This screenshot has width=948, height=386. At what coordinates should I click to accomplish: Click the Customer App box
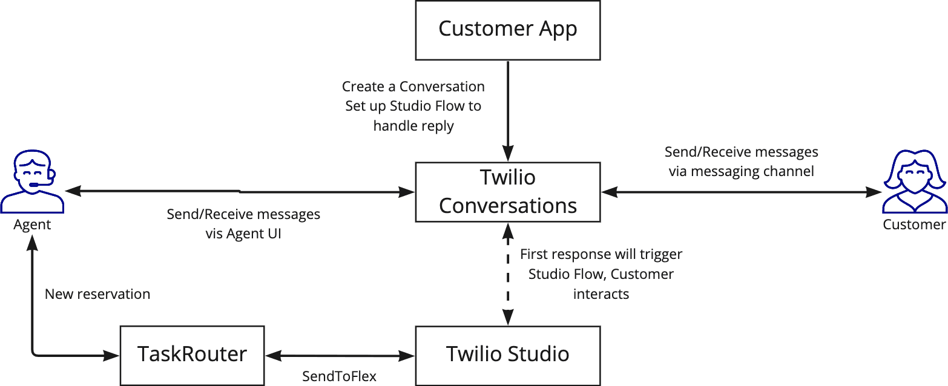click(x=507, y=30)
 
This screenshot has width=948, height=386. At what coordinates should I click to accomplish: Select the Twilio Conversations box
click(x=507, y=192)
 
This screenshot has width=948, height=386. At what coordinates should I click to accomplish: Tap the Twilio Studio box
click(x=507, y=355)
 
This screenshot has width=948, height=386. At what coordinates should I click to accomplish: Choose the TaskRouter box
click(x=192, y=355)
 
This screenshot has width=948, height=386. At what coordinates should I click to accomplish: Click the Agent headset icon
click(x=32, y=182)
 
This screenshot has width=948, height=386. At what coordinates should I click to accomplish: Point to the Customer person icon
click(x=913, y=182)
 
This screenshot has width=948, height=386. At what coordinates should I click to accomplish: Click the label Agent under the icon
click(x=32, y=224)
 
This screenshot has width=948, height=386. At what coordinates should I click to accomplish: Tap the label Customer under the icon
click(x=913, y=224)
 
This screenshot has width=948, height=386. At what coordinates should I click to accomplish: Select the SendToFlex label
click(x=339, y=376)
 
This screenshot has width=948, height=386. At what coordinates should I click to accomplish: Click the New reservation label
click(x=97, y=294)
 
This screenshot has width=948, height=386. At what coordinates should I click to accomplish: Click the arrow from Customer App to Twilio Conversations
click(x=507, y=109)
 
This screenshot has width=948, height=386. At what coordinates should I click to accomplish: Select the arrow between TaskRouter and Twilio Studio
click(x=340, y=355)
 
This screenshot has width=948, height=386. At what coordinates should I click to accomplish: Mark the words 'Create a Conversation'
click(x=413, y=87)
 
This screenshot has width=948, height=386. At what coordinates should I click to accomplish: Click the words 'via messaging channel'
click(x=741, y=171)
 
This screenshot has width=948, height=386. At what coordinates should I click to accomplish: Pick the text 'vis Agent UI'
click(x=243, y=234)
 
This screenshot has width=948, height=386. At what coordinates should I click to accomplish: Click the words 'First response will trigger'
click(x=601, y=254)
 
